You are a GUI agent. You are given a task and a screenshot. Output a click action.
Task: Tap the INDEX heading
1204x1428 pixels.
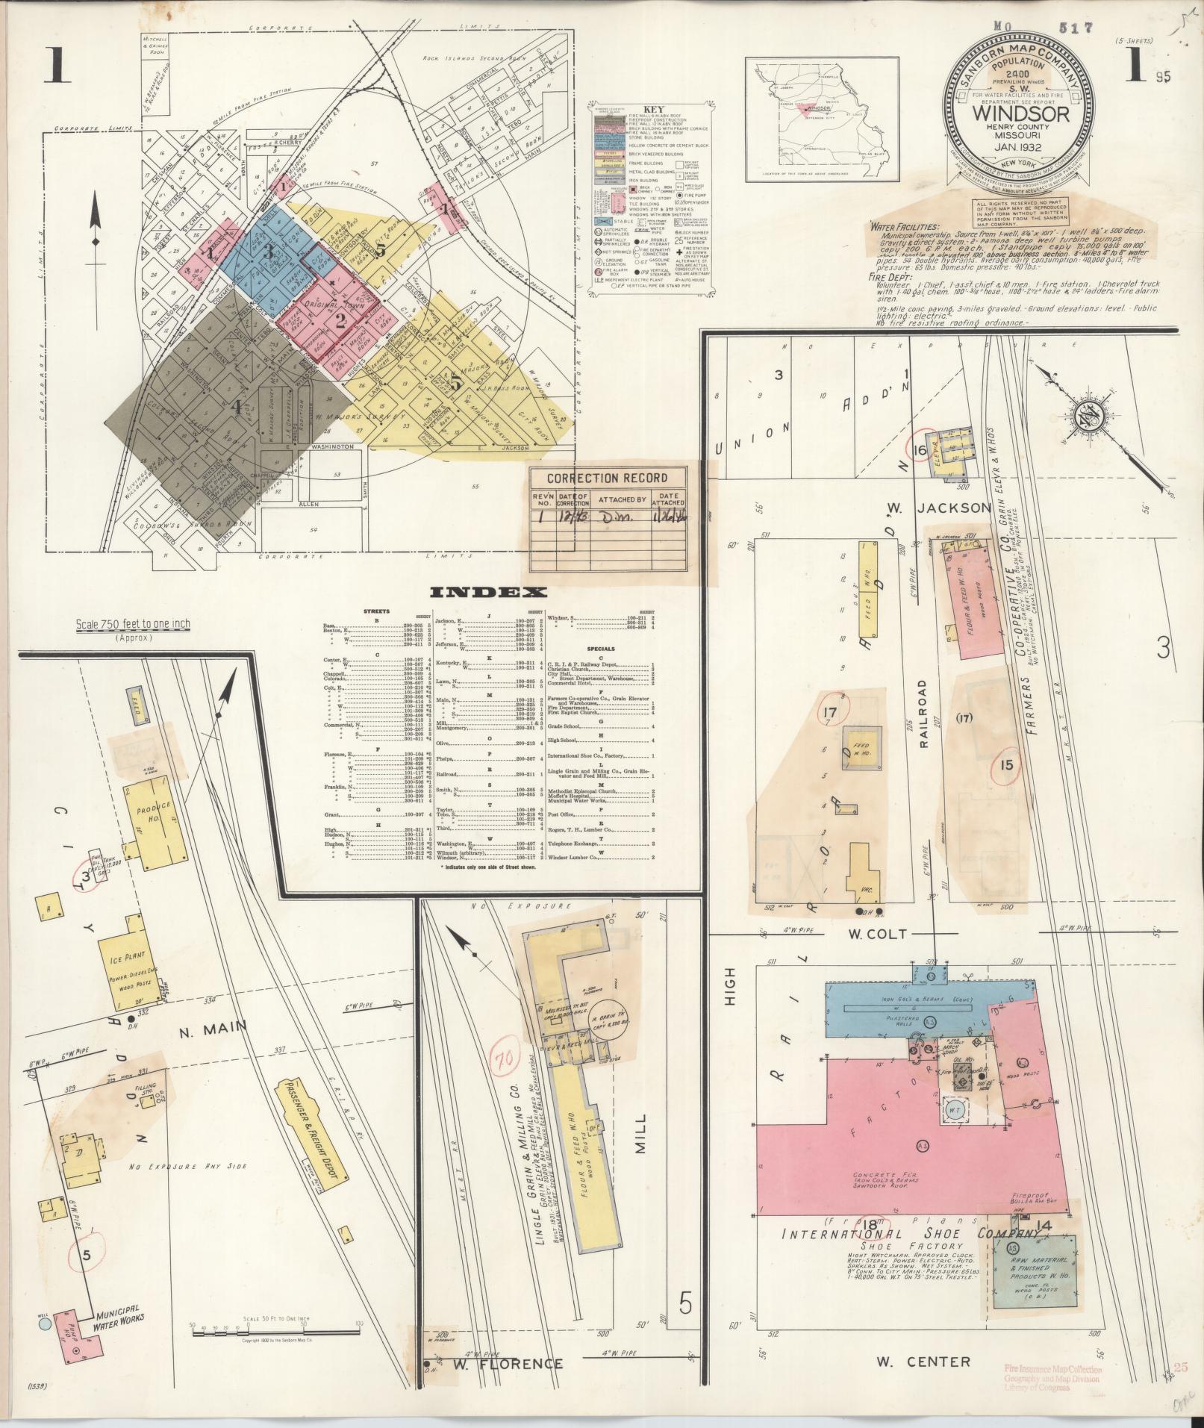(x=489, y=593)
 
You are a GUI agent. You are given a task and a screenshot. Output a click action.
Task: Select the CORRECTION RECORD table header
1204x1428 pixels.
(x=608, y=478)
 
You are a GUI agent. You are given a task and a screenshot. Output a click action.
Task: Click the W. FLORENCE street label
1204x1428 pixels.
(x=508, y=1364)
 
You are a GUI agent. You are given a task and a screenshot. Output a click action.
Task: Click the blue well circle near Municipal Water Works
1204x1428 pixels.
(x=46, y=1324)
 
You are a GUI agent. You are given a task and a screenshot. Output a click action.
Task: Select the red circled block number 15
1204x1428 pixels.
(x=1007, y=764)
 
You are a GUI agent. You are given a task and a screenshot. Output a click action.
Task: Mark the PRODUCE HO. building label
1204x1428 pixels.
(x=155, y=812)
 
